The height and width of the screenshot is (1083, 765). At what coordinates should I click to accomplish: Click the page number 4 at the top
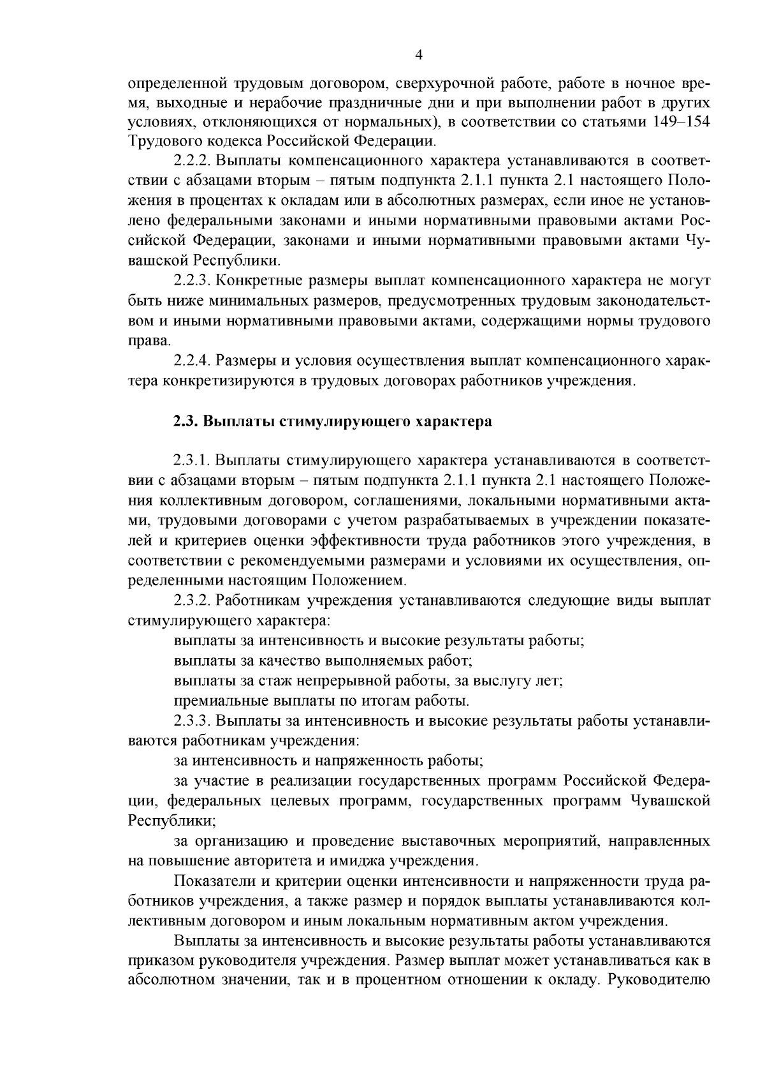coord(419,55)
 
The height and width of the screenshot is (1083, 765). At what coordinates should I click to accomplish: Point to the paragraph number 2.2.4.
coord(193,362)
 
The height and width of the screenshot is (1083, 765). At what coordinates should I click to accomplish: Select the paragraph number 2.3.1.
coord(193,461)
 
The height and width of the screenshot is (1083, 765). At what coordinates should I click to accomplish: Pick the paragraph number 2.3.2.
coord(193,601)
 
